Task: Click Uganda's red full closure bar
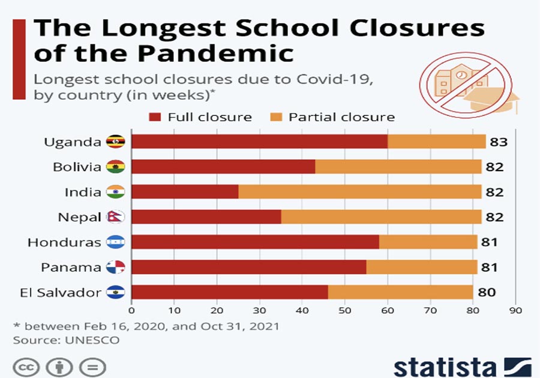tap(259, 142)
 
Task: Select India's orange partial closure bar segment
tap(359, 192)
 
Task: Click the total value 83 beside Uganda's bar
tap(499, 142)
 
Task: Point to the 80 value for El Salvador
tap(486, 293)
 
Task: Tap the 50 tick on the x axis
tap(344, 311)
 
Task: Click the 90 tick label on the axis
tap(515, 311)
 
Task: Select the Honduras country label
tap(64, 242)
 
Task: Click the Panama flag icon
tap(115, 267)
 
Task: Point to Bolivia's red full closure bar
tap(223, 167)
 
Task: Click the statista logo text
tap(443, 366)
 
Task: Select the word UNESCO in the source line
tap(92, 340)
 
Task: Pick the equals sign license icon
tap(92, 367)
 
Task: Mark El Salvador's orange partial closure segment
tap(400, 293)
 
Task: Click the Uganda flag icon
tap(115, 142)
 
